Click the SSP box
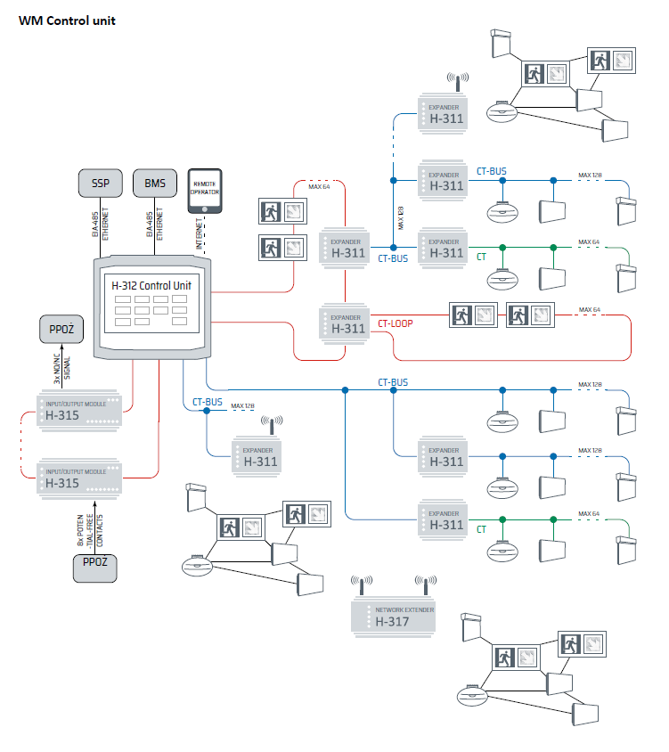[x=100, y=184]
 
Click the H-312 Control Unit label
[x=151, y=285]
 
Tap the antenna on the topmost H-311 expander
[x=457, y=83]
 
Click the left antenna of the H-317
[x=361, y=584]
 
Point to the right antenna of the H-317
[x=425, y=584]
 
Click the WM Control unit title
[x=68, y=20]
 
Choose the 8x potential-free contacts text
[x=90, y=528]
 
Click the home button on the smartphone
[x=206, y=209]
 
